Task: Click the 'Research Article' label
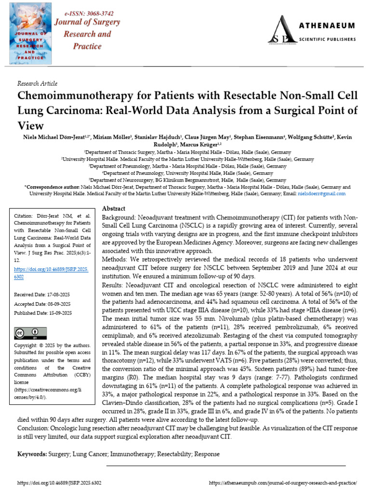click(37, 83)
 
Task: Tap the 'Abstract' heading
click(114, 208)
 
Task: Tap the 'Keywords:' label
click(32, 454)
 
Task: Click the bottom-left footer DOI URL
click(59, 482)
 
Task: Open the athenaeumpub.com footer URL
click(283, 482)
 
